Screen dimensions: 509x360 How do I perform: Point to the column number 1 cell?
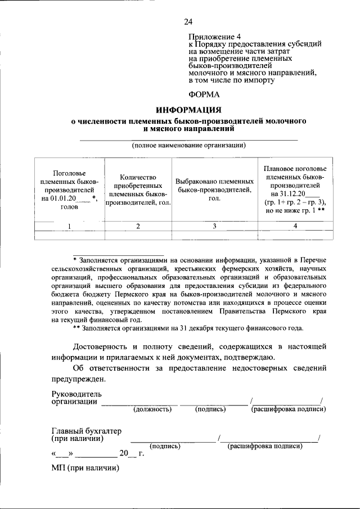(69, 226)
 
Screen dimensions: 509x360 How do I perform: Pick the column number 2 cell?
(138, 226)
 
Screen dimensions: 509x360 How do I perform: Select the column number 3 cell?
(214, 226)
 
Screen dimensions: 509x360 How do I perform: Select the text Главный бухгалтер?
(86, 431)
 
